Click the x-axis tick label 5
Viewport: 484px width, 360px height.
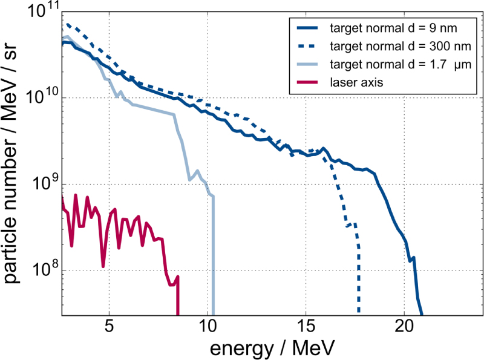pos(109,327)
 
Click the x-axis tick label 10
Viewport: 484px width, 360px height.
pos(208,327)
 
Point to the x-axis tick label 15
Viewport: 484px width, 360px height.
pos(306,327)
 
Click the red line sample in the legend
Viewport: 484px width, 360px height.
pos(308,82)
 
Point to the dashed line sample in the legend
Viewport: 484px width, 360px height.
pos(308,45)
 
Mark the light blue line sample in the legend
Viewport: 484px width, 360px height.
pos(308,64)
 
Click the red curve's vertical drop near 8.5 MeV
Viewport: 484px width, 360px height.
pos(178,296)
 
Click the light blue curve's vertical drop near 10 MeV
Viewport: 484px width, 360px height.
pos(214,254)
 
